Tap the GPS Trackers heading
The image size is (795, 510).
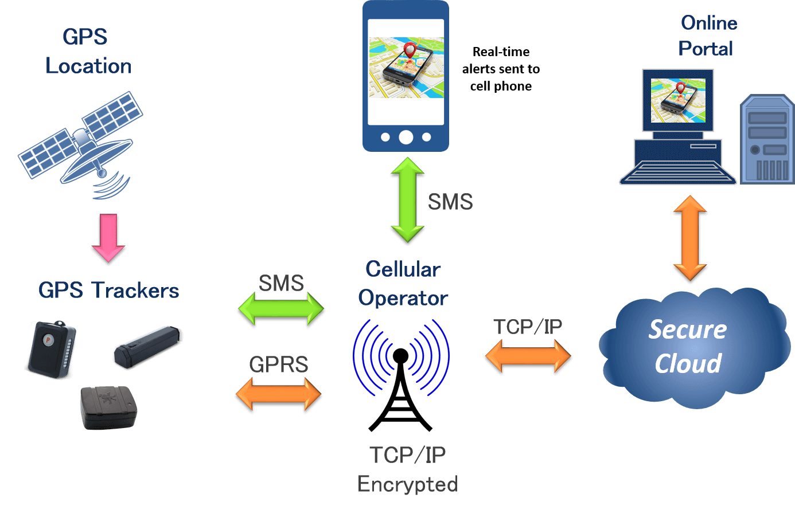(109, 291)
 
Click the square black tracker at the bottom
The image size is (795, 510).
(109, 407)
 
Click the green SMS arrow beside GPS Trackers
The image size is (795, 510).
(281, 310)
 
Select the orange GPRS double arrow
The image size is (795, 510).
(279, 395)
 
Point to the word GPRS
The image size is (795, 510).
(279, 364)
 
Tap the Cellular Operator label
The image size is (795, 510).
(403, 284)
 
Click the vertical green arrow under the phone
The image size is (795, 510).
(407, 200)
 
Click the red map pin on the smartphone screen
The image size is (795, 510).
(410, 50)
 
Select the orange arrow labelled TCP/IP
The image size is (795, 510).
(528, 356)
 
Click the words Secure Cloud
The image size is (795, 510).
(688, 347)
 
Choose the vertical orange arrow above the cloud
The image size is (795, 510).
(690, 239)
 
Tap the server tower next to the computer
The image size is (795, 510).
(767, 140)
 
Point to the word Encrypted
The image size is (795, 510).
(407, 484)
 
